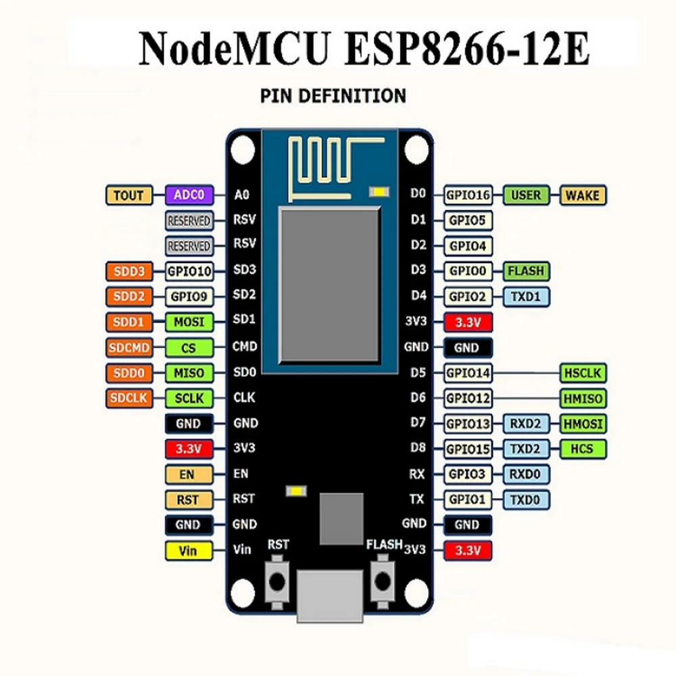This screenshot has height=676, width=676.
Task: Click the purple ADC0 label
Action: pyautogui.click(x=189, y=195)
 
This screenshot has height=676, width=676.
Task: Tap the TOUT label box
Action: pyautogui.click(x=128, y=195)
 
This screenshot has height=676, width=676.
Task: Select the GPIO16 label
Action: pyautogui.click(x=468, y=195)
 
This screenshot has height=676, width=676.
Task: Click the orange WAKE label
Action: pyautogui.click(x=582, y=195)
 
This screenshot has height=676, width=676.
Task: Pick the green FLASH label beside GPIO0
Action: pyautogui.click(x=526, y=271)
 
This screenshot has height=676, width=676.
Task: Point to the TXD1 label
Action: pyautogui.click(x=526, y=296)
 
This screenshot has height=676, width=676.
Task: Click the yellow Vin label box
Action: pyautogui.click(x=188, y=550)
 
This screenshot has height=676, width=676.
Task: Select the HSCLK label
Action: pyautogui.click(x=582, y=372)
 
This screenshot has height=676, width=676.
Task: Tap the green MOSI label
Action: pyautogui.click(x=189, y=322)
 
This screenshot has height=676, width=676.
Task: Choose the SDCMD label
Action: pyautogui.click(x=128, y=347)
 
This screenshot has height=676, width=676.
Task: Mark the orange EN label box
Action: pyautogui.click(x=188, y=475)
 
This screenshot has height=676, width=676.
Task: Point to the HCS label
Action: pyautogui.click(x=582, y=449)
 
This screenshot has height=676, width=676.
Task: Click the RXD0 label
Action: pyautogui.click(x=526, y=475)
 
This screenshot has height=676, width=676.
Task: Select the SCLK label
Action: pyautogui.click(x=189, y=398)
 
